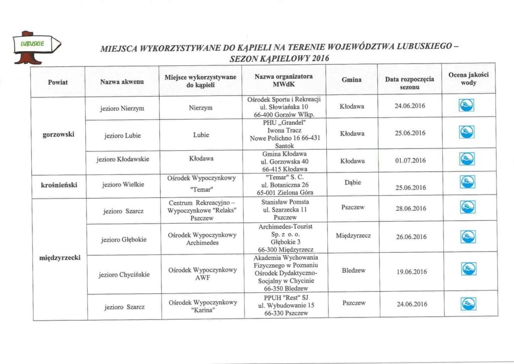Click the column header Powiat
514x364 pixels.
coord(58,81)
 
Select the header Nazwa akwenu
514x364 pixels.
coord(122,81)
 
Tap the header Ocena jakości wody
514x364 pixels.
coord(468,79)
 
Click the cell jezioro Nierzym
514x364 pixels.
coord(122,108)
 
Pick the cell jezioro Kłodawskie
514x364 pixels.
coord(122,159)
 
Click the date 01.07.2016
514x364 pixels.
coord(410,160)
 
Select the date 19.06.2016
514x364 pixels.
coord(410,271)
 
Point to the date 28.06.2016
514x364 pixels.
coord(410,209)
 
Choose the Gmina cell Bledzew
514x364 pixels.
coord(353,270)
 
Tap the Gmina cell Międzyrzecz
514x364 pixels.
coord(353,235)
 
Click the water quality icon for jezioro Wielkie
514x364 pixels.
coord(467,186)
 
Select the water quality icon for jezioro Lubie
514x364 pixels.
coord(467,133)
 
